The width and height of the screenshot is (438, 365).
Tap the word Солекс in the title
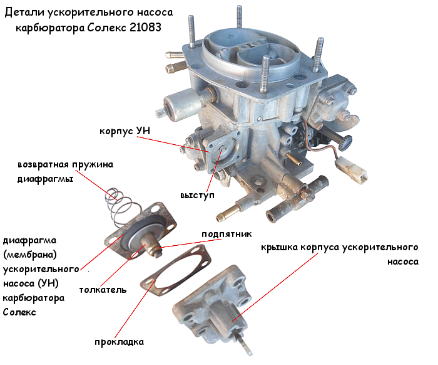(x=106, y=28)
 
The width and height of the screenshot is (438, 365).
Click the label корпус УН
(x=125, y=131)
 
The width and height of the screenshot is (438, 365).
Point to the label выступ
(x=197, y=195)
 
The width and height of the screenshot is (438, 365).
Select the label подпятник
(x=227, y=234)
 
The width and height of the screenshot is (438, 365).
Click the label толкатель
(x=103, y=289)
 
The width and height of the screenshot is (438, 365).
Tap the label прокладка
(x=120, y=342)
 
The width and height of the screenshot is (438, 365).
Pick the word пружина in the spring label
(x=93, y=164)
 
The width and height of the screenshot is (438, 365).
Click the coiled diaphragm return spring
(x=119, y=206)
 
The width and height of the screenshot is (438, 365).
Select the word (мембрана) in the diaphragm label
(x=30, y=255)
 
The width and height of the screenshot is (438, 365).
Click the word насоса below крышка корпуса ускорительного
(x=403, y=262)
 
